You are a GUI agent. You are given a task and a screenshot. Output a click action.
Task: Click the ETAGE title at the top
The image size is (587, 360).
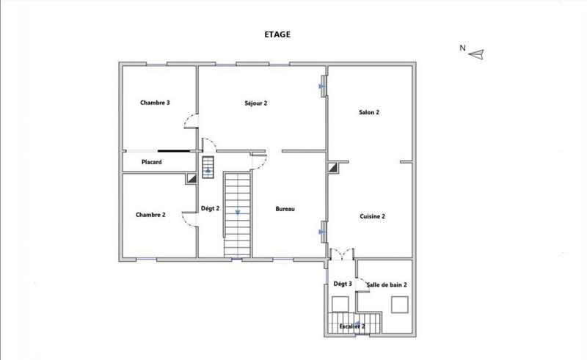click(277, 34)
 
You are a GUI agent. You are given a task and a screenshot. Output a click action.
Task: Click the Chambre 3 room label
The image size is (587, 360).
click(155, 103)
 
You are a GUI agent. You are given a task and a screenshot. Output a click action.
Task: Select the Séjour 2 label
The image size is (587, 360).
click(255, 103)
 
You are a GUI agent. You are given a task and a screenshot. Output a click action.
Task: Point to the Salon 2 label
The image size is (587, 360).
click(368, 112)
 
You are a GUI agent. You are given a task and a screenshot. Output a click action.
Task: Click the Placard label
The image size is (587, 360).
click(151, 161)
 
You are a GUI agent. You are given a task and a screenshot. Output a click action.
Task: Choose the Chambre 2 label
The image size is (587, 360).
click(150, 215)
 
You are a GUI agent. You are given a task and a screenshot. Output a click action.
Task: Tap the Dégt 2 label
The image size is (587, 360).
click(211, 209)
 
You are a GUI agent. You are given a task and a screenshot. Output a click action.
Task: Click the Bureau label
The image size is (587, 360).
click(285, 210)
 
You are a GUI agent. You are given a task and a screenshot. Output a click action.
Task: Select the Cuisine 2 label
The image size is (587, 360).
click(373, 216)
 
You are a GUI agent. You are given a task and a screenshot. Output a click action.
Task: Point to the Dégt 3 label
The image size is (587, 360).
click(343, 284)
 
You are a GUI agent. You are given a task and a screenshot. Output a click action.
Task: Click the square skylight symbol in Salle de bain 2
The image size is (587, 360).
click(399, 304)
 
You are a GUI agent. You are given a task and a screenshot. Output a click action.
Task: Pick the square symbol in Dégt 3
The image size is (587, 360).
click(340, 304)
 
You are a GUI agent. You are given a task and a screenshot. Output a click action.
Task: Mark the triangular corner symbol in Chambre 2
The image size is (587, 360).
click(191, 177)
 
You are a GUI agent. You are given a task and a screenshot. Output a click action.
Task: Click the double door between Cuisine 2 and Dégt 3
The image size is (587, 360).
click(340, 254)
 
